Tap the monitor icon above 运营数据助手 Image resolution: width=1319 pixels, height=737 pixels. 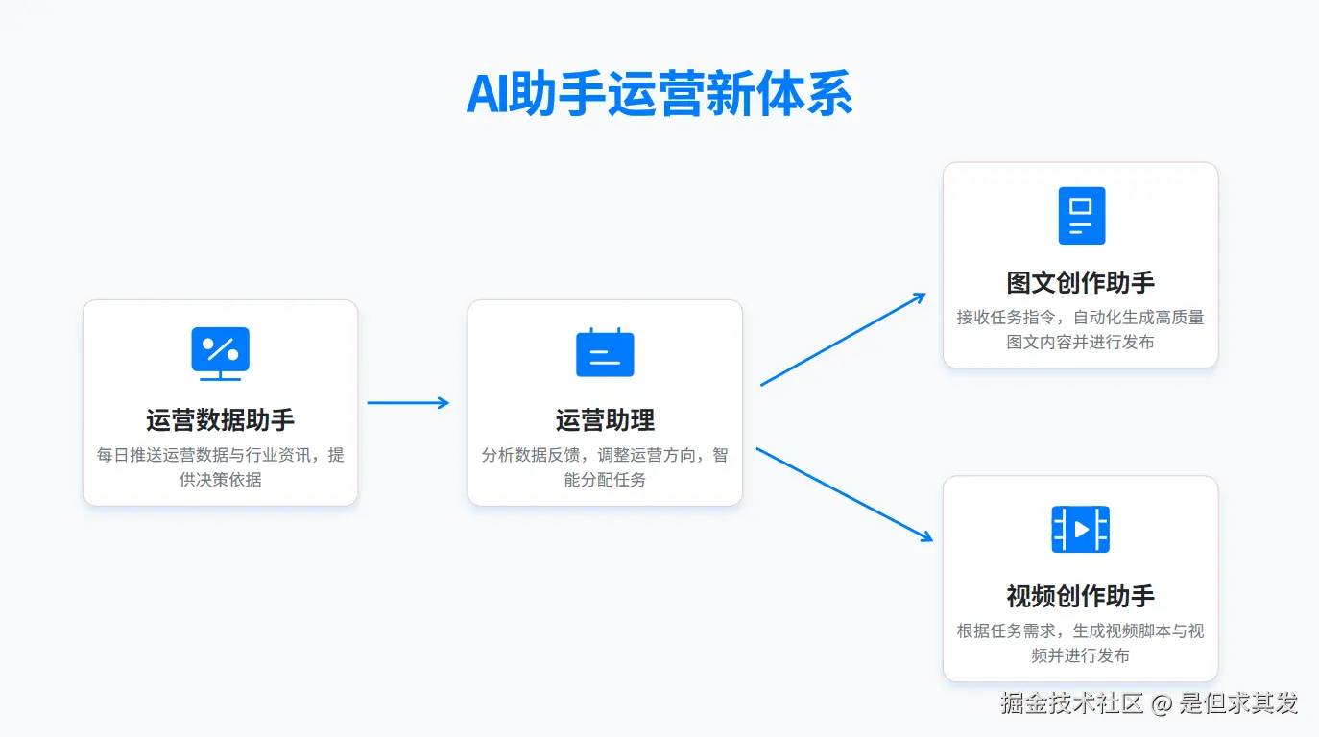(x=220, y=353)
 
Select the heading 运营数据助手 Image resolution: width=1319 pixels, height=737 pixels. (x=220, y=420)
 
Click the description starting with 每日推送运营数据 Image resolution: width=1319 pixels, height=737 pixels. (x=220, y=466)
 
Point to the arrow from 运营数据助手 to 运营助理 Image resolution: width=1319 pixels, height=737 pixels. (x=408, y=403)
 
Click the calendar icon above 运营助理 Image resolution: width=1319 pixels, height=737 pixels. (x=605, y=352)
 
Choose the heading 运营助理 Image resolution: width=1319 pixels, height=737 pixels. (x=605, y=420)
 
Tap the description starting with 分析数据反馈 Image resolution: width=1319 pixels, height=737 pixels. (x=605, y=466)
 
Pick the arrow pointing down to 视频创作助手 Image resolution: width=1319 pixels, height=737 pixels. (x=845, y=495)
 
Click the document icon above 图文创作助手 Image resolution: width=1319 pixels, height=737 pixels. (x=1081, y=215)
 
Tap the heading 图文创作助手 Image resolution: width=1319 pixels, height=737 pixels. (x=1080, y=283)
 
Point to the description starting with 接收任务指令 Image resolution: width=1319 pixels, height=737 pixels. (x=1080, y=329)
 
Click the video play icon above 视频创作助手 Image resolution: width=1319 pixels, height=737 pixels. (x=1081, y=529)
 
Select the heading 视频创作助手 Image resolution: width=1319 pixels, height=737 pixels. (x=1080, y=597)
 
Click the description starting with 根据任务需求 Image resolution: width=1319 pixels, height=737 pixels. (x=1080, y=643)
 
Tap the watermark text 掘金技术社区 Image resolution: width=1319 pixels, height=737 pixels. (x=1071, y=703)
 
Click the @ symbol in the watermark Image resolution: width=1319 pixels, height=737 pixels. (x=1162, y=704)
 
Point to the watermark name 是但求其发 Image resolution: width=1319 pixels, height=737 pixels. (x=1238, y=703)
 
